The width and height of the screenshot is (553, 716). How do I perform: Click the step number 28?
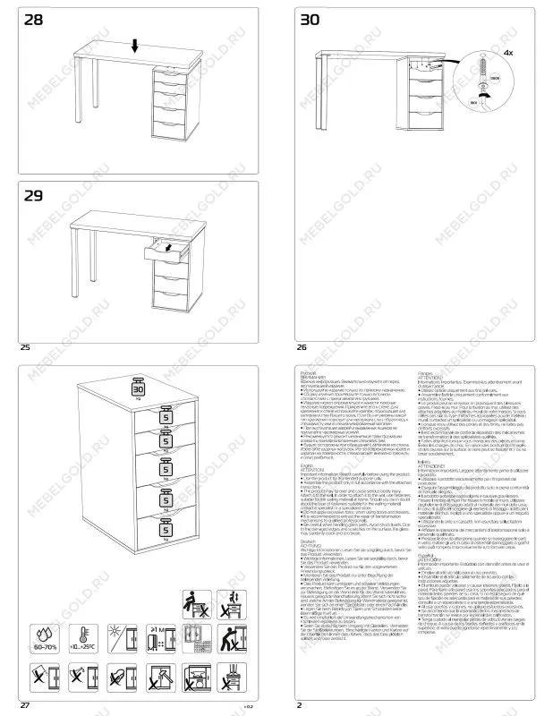coord(34,20)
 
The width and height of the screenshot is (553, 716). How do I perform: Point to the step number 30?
coord(310,20)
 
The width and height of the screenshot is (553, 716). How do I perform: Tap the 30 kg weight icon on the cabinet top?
coord(138,388)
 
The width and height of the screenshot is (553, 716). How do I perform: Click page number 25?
coord(24,346)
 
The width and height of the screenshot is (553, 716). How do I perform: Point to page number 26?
coord(302,346)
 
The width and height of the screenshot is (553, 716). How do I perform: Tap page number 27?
coord(24,705)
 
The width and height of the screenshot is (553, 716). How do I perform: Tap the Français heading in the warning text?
coord(426,370)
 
